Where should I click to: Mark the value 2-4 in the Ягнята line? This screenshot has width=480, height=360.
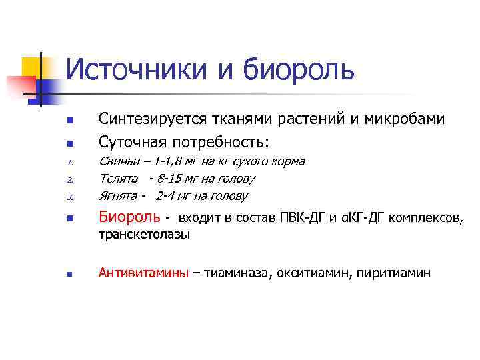[167, 196]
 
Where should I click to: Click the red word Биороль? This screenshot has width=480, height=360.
[129, 217]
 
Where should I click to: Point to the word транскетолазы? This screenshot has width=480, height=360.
[144, 234]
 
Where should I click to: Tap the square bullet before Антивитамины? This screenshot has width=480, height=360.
[69, 274]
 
